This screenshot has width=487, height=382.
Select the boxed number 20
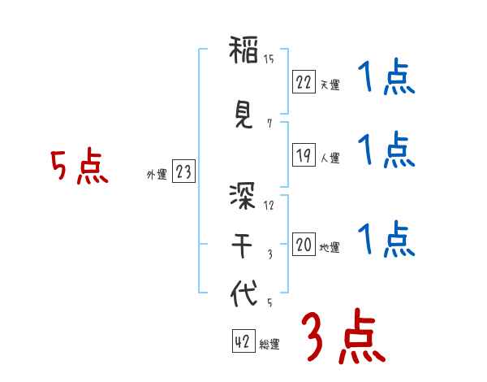tap(304, 245)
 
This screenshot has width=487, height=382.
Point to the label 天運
tap(330, 85)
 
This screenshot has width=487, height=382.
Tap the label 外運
tap(156, 174)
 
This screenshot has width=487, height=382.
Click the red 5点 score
tap(79, 167)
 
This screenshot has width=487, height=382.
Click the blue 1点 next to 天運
tap(386, 80)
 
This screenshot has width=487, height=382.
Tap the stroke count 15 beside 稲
tap(269, 59)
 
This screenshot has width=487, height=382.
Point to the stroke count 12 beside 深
tap(269, 205)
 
